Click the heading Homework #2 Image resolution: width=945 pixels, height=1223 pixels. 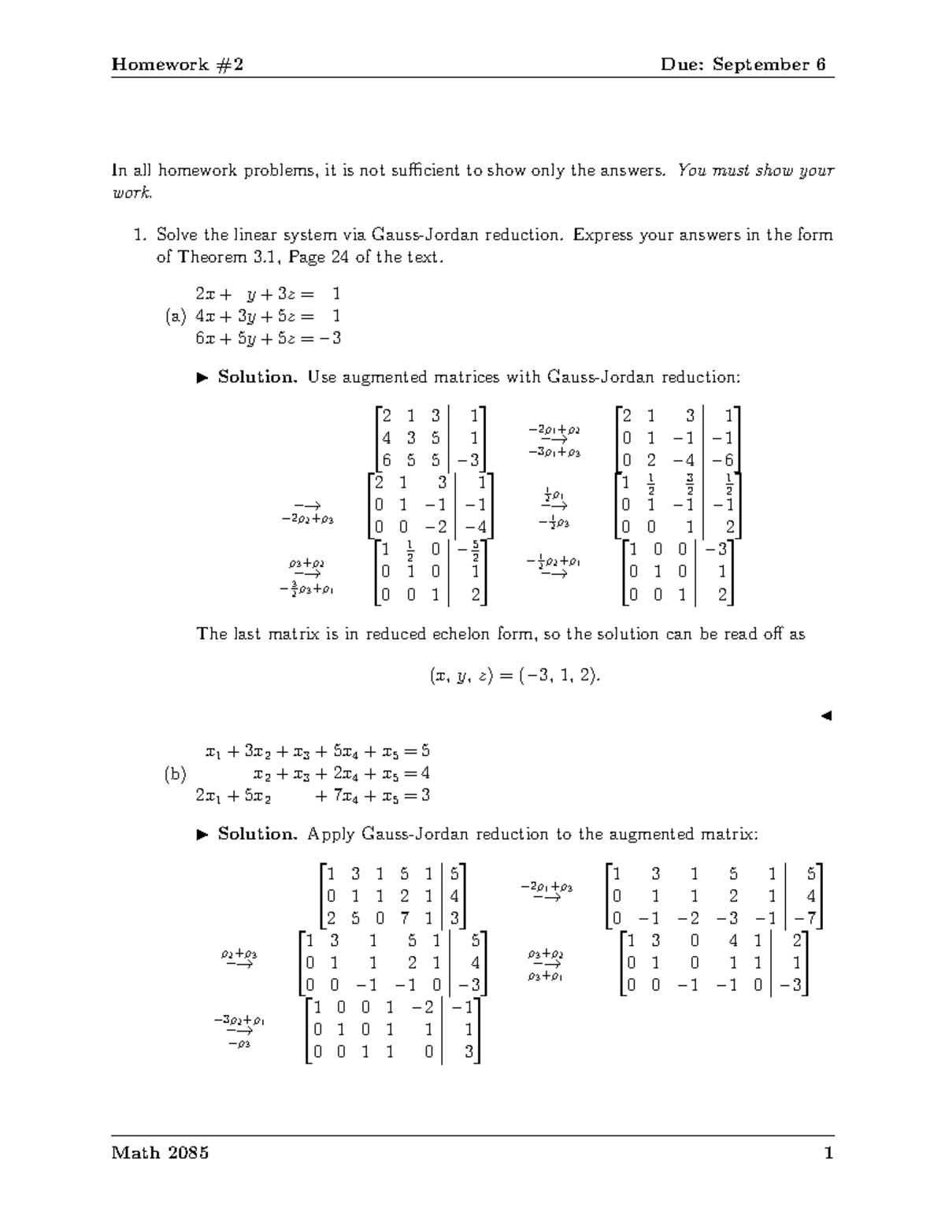[177, 65]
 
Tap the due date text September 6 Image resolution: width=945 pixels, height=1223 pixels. [769, 65]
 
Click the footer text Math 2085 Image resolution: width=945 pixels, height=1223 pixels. [161, 1153]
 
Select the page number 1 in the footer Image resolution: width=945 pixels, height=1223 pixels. [828, 1153]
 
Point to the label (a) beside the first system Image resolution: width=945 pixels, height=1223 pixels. [175, 317]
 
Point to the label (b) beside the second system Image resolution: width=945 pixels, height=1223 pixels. [175, 774]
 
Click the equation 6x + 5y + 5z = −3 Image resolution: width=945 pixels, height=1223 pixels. [268, 339]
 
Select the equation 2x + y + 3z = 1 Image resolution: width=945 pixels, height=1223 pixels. [268, 295]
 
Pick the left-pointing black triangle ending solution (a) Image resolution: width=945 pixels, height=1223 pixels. [825, 716]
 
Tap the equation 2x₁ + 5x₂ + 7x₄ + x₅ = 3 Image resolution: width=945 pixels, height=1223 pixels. [313, 795]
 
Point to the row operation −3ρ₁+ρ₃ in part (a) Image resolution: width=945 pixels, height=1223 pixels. [554, 453]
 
